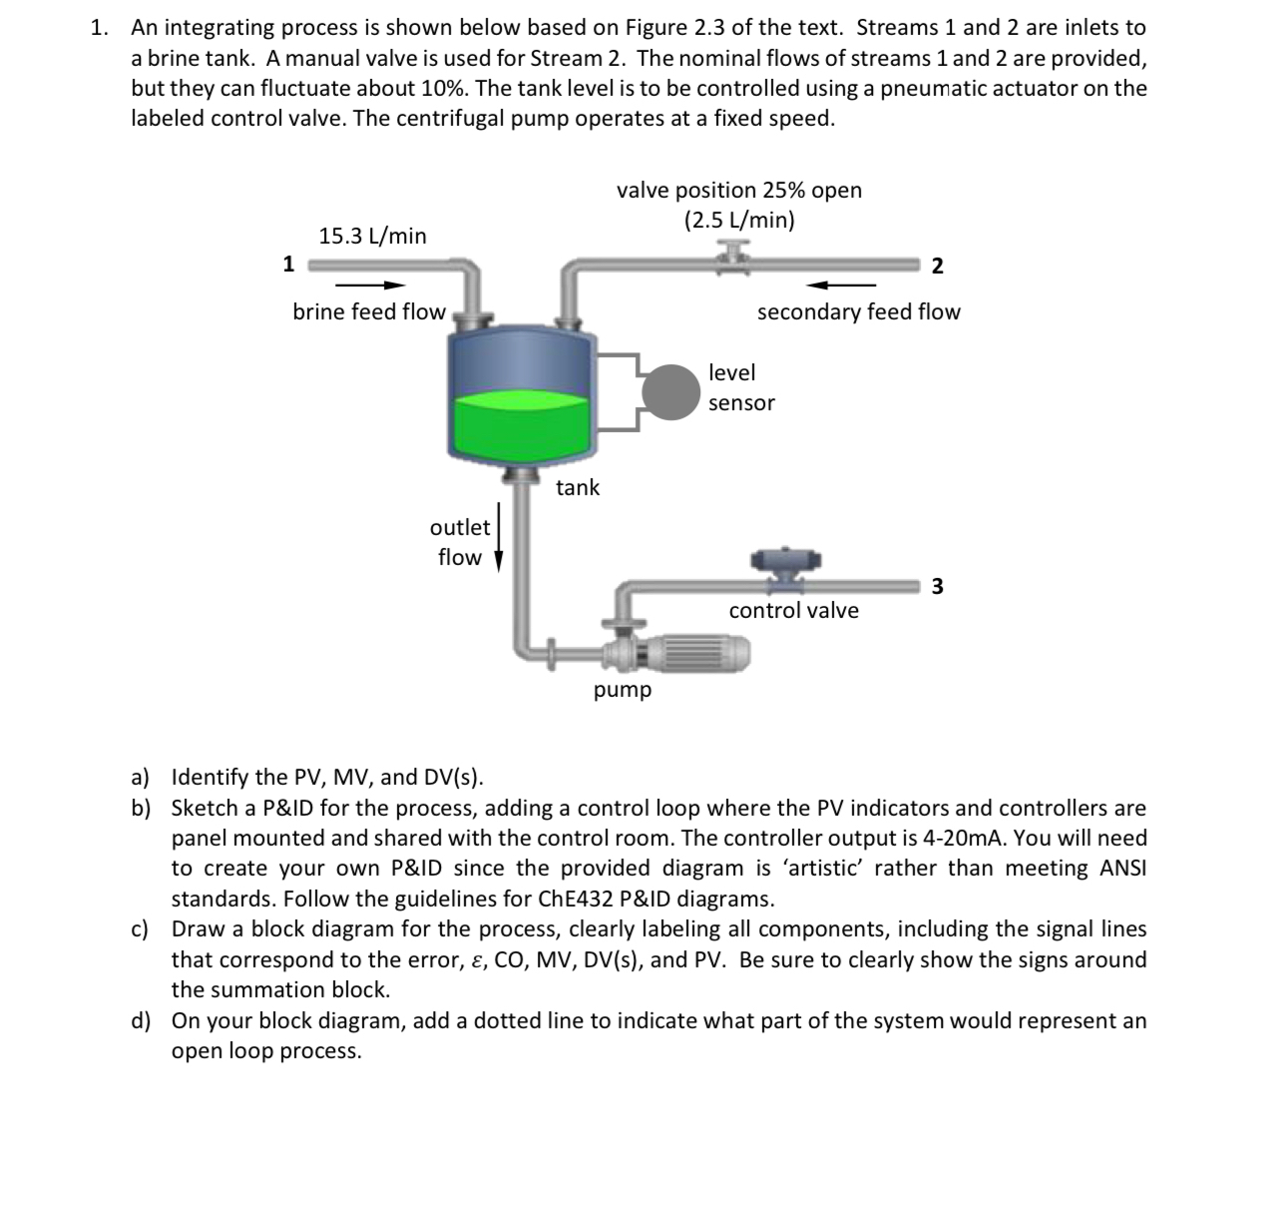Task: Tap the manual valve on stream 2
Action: pyautogui.click(x=735, y=259)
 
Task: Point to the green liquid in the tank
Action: pyautogui.click(x=519, y=424)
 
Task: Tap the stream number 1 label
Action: pyautogui.click(x=288, y=264)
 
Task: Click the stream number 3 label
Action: pyautogui.click(x=936, y=586)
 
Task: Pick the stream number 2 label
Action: pyautogui.click(x=936, y=266)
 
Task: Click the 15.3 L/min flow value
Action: pyautogui.click(x=372, y=237)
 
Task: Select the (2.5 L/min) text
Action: pyautogui.click(x=739, y=221)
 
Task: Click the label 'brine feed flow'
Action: pyautogui.click(x=368, y=312)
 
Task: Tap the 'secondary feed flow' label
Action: pyautogui.click(x=858, y=312)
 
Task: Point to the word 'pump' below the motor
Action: pyautogui.click(x=623, y=690)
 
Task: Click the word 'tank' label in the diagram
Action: pyautogui.click(x=578, y=487)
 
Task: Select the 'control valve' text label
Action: pyautogui.click(x=793, y=611)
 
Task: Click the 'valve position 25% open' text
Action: pyautogui.click(x=739, y=190)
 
